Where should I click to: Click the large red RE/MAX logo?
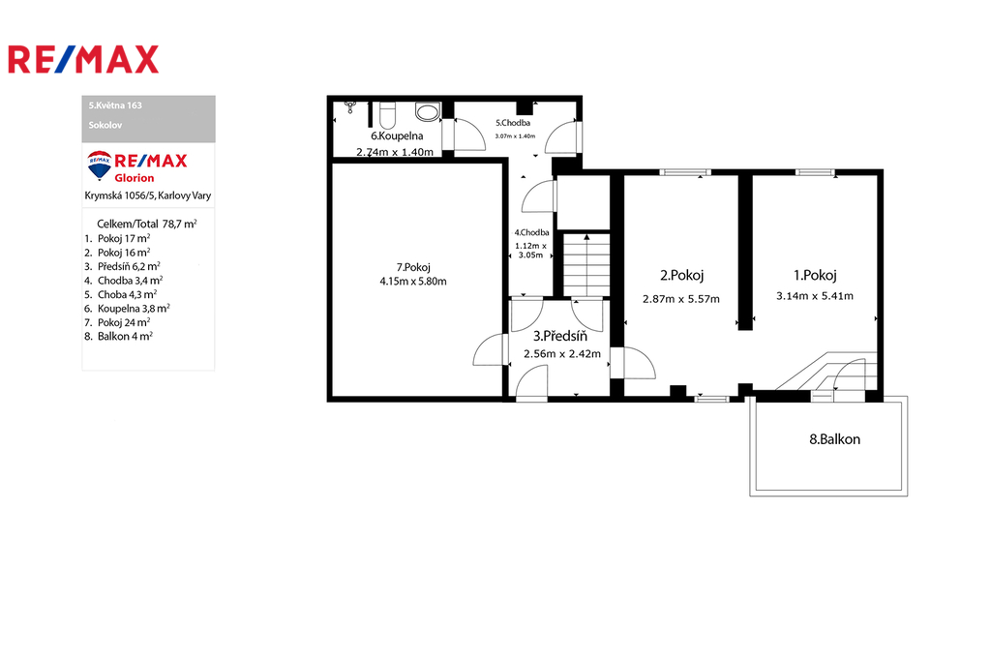(x=83, y=59)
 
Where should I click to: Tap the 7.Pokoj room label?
(x=413, y=267)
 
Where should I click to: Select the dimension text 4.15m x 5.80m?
(x=413, y=282)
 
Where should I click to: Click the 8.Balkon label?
(x=834, y=439)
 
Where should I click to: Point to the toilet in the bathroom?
(x=387, y=114)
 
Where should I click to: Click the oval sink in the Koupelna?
(x=428, y=112)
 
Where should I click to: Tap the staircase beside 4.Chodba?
(x=586, y=264)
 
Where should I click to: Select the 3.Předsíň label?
(x=560, y=337)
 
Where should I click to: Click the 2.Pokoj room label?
(x=681, y=275)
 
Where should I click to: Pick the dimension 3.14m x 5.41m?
(x=815, y=296)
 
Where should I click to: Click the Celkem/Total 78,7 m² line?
(x=147, y=224)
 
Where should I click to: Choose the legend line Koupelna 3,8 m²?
(x=127, y=309)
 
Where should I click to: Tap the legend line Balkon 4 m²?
(x=118, y=337)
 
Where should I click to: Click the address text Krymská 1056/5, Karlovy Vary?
(x=148, y=196)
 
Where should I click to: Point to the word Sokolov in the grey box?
(x=105, y=125)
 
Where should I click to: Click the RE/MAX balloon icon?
(x=100, y=165)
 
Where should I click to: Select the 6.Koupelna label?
(x=397, y=135)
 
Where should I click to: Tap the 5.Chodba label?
(x=513, y=123)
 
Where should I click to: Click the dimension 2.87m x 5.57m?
(x=681, y=299)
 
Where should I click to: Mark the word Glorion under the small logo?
(x=134, y=178)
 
